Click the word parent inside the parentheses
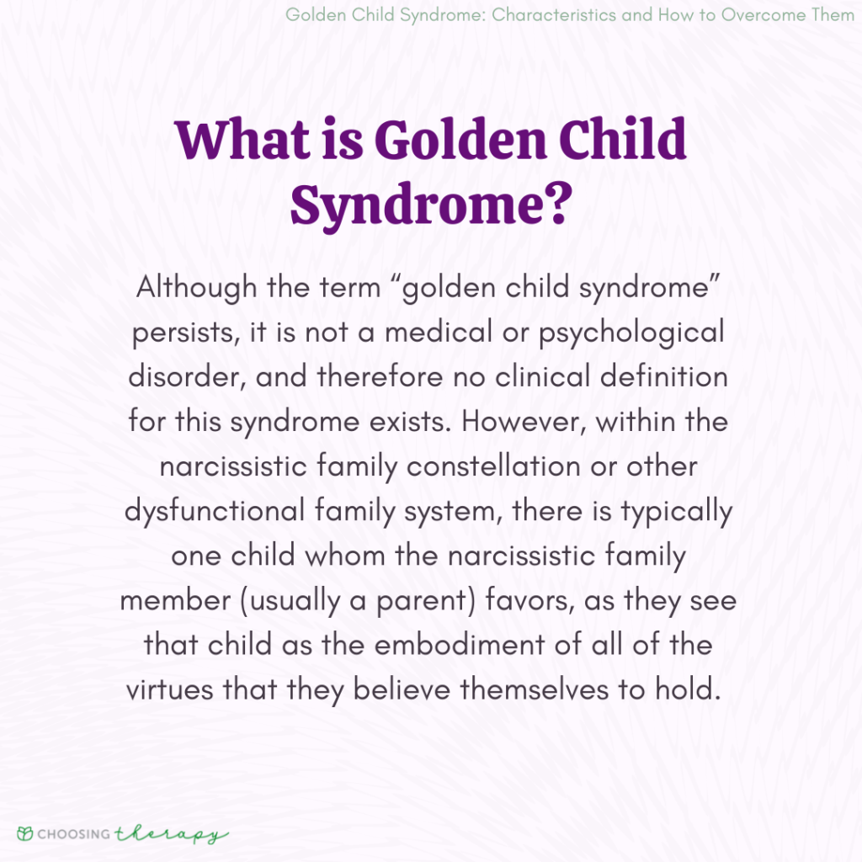coord(458,599)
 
